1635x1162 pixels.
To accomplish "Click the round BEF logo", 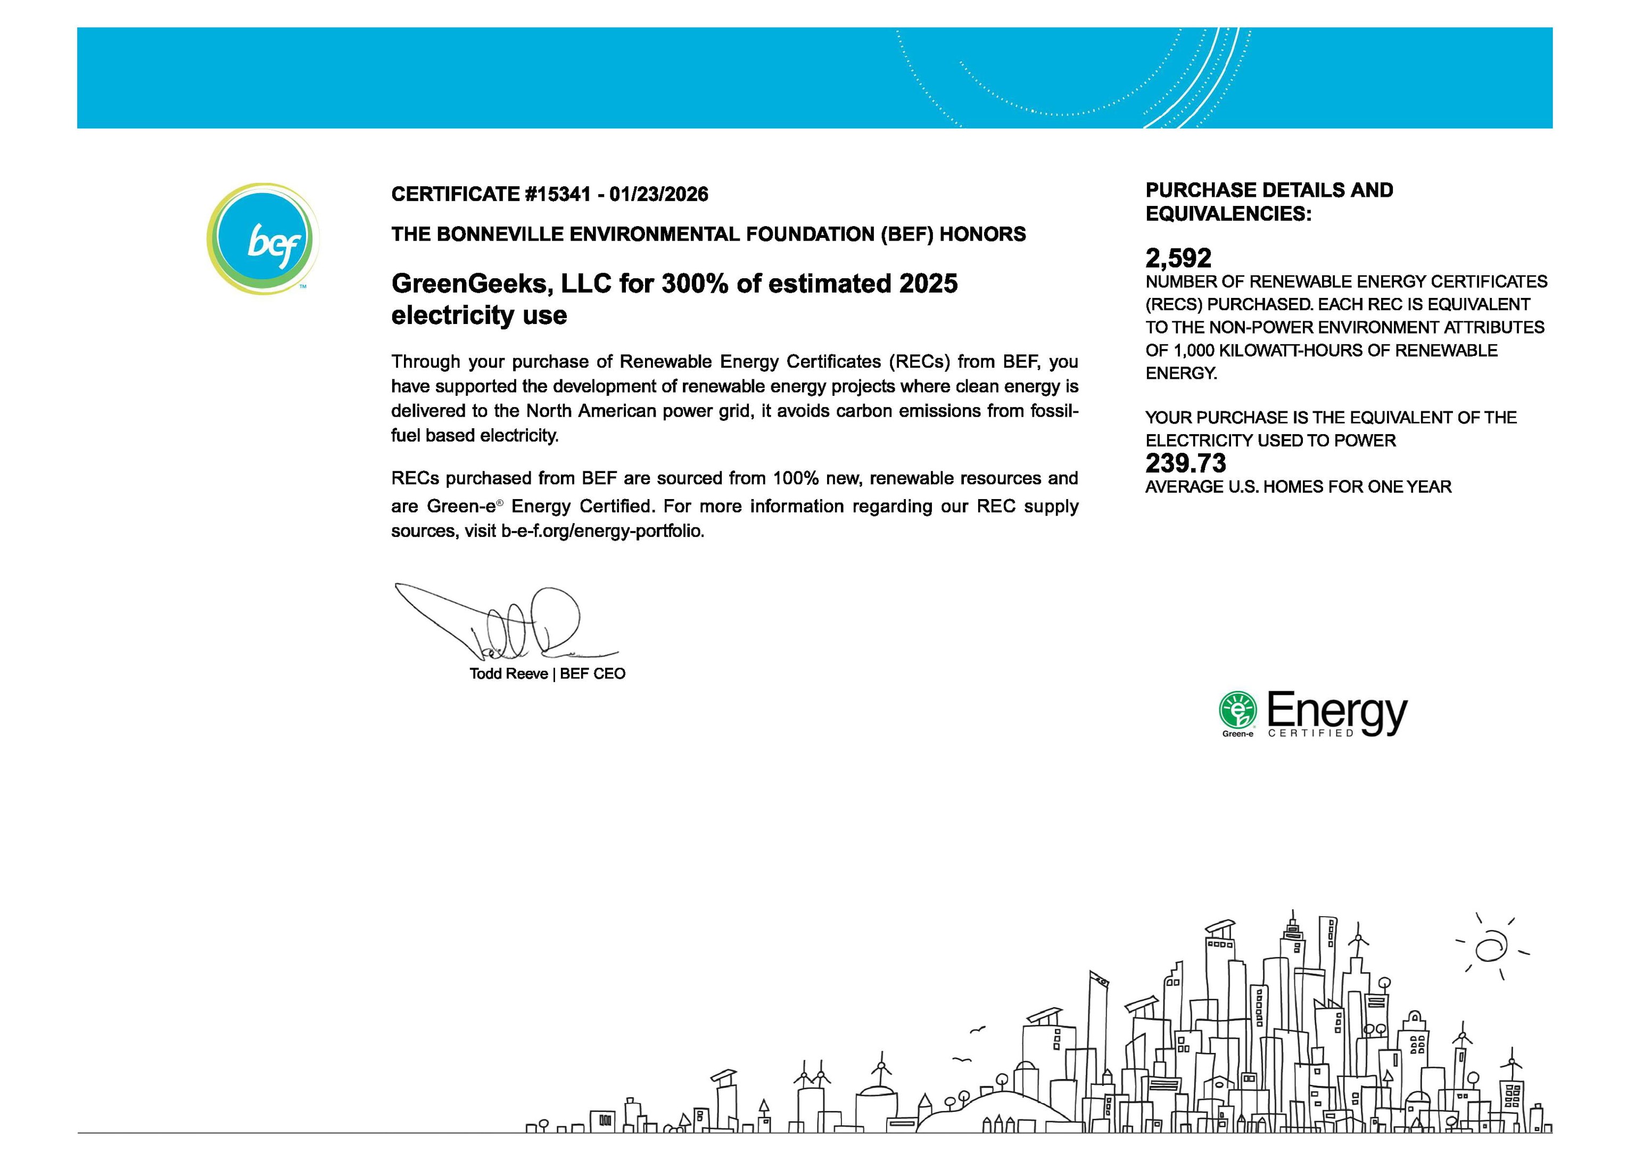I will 262,238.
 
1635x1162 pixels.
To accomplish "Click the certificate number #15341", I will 558,194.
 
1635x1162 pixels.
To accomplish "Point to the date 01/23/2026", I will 658,194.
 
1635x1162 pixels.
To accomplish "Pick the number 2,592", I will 1178,258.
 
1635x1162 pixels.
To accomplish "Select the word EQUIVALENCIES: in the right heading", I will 1228,214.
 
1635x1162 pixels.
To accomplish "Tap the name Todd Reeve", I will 508,673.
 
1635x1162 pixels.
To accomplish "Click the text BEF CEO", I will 592,673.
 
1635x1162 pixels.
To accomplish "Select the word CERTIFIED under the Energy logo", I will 1310,733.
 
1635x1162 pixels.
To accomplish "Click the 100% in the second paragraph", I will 795,478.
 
